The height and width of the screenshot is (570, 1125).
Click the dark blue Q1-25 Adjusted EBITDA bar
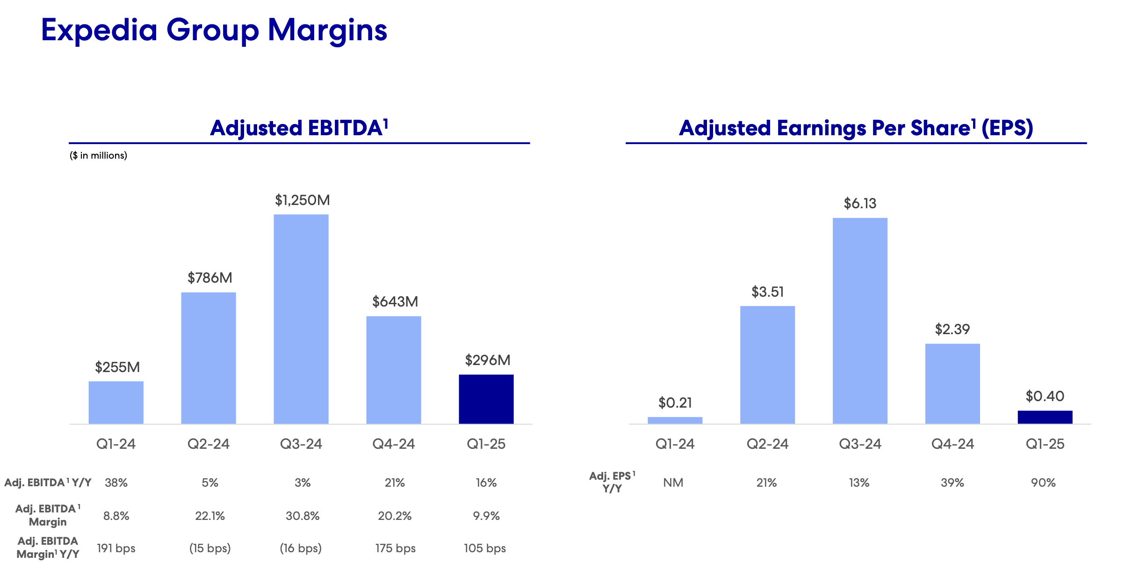point(486,399)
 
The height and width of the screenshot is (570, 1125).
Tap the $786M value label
point(209,278)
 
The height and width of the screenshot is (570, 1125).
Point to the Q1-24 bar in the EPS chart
point(675,420)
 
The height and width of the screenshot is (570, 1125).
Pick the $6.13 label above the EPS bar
point(860,204)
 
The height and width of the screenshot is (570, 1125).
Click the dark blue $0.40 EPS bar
point(1045,417)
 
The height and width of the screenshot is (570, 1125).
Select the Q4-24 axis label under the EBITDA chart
point(393,444)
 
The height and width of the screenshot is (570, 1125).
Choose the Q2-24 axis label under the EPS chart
point(767,444)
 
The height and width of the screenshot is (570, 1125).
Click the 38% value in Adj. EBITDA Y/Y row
point(116,482)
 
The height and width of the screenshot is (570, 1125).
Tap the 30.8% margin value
point(303,516)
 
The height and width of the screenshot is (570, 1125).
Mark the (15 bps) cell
point(209,548)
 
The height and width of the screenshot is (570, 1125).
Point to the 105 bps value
point(485,548)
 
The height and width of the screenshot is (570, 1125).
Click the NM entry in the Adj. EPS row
point(673,482)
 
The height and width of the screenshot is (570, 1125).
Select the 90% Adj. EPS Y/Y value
point(1043,482)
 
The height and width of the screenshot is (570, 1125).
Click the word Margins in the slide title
point(327,30)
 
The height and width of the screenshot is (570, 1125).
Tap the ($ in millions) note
point(98,155)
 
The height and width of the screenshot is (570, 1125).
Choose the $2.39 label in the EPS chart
point(952,329)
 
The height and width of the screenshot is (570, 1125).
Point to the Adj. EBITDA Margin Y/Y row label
point(48,548)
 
